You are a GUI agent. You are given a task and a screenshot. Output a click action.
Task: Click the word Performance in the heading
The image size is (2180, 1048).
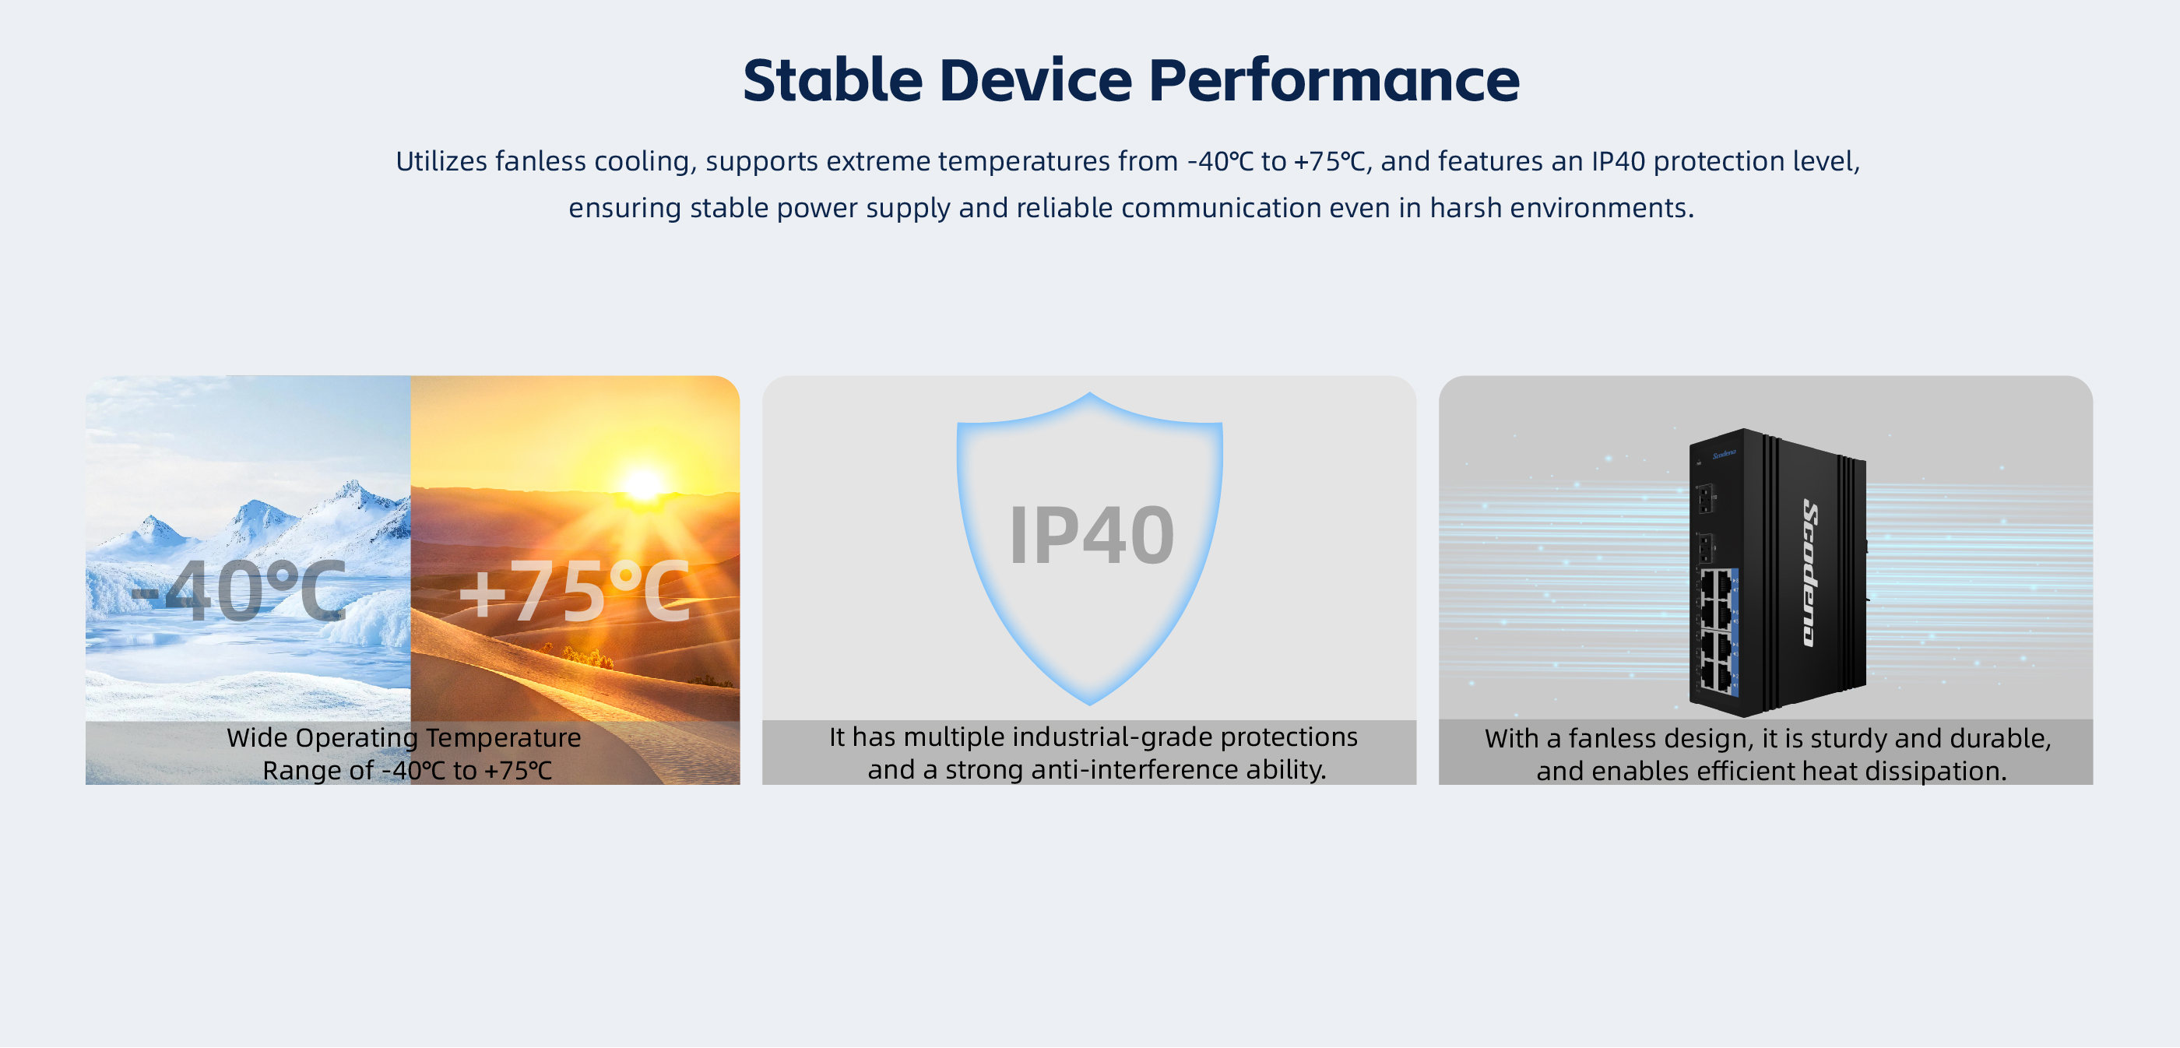[1334, 80]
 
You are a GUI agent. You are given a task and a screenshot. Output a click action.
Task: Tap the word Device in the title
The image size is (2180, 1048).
[1035, 80]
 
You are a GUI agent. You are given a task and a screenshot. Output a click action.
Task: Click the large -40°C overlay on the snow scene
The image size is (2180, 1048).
[239, 590]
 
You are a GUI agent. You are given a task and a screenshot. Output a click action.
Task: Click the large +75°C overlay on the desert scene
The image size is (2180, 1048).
[575, 592]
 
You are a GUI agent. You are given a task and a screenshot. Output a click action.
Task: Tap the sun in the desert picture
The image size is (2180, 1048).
[643, 485]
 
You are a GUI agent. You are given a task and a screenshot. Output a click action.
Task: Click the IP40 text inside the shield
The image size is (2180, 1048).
[1092, 535]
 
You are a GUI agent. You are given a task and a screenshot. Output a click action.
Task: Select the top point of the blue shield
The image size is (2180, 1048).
[1090, 395]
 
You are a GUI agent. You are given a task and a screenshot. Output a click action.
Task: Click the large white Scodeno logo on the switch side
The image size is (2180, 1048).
[1809, 573]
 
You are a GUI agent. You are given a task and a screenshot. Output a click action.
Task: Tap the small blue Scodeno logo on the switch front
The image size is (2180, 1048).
[1724, 455]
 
